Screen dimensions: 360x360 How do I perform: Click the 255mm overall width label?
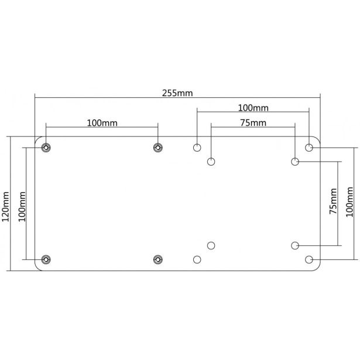(177, 93)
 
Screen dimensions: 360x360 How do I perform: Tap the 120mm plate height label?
(5, 207)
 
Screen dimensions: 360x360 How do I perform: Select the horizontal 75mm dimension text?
(253, 123)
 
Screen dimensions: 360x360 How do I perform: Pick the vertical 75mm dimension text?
(333, 201)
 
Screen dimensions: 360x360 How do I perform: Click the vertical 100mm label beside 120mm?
(22, 207)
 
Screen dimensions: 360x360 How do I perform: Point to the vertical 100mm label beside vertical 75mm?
(349, 202)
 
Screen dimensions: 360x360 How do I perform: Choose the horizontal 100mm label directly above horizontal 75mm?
(253, 108)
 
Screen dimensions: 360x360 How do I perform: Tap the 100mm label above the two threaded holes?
(102, 123)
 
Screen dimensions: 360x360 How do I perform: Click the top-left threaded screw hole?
(46, 148)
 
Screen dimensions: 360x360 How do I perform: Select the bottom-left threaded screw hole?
(46, 259)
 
